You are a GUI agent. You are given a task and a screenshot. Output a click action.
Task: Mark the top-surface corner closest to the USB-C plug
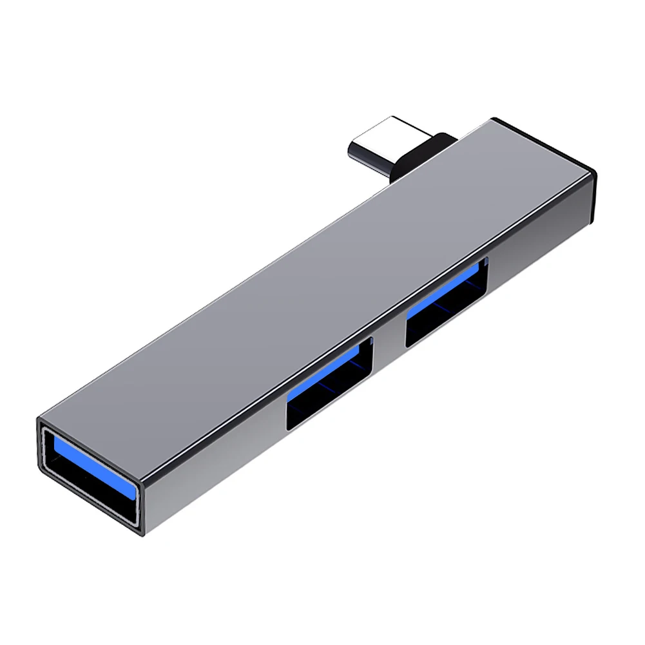click(492, 119)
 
